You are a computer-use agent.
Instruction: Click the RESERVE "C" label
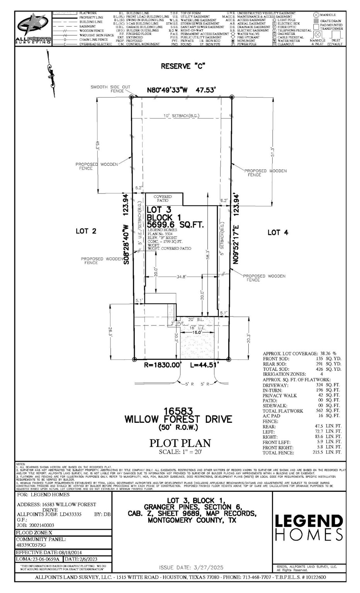(183, 66)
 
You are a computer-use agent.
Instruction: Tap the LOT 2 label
(86, 231)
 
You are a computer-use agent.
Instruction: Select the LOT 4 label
(278, 232)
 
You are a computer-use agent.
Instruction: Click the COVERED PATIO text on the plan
(163, 198)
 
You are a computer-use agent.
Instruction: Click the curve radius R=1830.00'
(162, 364)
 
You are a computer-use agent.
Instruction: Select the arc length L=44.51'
(204, 364)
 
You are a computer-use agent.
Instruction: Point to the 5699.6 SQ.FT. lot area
(175, 225)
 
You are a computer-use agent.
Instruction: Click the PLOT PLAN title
(180, 443)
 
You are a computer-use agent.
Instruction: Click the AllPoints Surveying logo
(33, 29)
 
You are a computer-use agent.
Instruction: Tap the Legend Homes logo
(309, 527)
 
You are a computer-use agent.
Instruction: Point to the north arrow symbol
(51, 75)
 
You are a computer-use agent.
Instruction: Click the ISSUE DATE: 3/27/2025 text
(191, 568)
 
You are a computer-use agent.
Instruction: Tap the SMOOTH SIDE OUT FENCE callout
(110, 89)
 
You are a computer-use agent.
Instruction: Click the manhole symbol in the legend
(316, 15)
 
